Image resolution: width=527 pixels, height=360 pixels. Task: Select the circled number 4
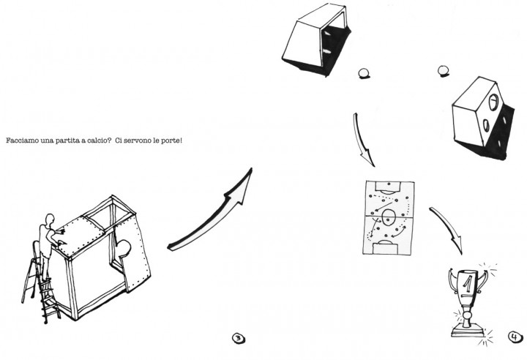pyautogui.click(x=515, y=337)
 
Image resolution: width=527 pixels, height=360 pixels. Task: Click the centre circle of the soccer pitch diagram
pyautogui.click(x=389, y=217)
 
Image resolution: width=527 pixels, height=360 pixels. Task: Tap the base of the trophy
pyautogui.click(x=468, y=333)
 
